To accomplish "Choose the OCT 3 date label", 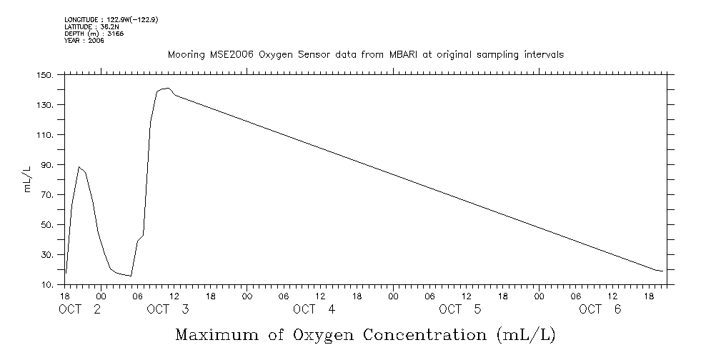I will click(x=168, y=309).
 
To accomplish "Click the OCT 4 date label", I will click(x=314, y=309).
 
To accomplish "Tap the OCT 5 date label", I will click(x=460, y=309).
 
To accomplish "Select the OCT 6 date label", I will click(x=600, y=309).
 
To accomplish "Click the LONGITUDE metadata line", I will click(x=111, y=20).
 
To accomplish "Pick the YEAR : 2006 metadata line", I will click(x=84, y=41).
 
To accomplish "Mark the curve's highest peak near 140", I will click(x=166, y=88).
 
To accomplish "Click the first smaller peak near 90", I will click(x=79, y=166).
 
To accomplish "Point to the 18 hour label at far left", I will click(x=65, y=295).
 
